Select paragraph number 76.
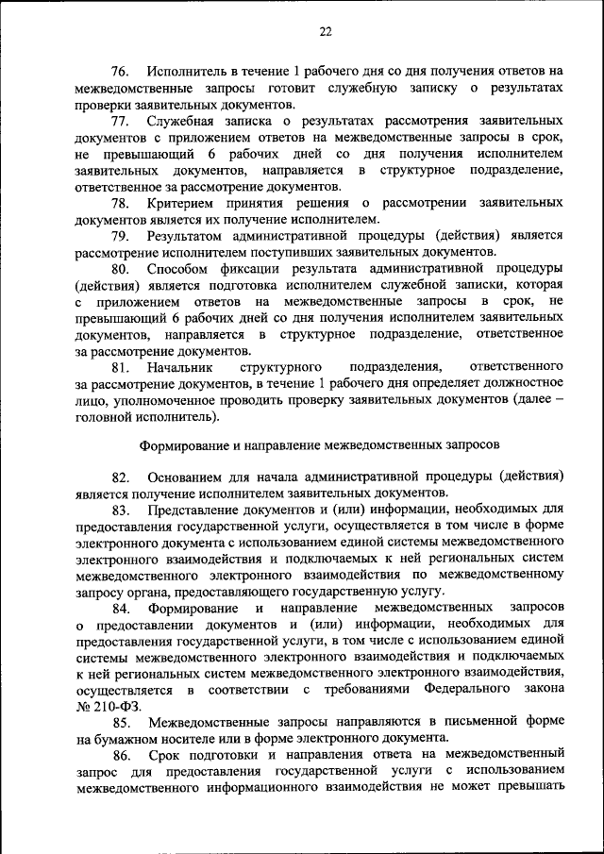pos(120,72)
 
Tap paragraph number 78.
pos(120,203)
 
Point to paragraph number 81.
pos(120,366)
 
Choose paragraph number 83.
pos(120,510)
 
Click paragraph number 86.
pos(120,755)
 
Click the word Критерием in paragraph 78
pos(179,203)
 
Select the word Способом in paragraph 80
pos(176,268)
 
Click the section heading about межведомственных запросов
pos(319,443)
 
